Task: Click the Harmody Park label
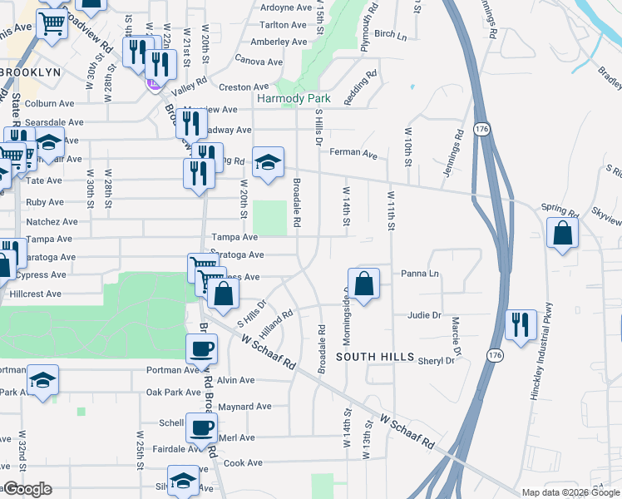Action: point(294,99)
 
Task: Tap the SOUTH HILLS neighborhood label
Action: point(375,357)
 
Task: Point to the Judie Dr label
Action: point(423,315)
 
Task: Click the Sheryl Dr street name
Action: point(437,361)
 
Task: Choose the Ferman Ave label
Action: point(353,155)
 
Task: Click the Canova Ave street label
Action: point(259,61)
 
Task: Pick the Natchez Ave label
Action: point(52,222)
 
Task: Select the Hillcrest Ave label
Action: point(35,294)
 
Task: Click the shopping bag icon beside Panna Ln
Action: point(363,283)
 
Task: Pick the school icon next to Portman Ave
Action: point(42,379)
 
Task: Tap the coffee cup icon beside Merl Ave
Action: point(200,427)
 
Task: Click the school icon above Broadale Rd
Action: point(269,161)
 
